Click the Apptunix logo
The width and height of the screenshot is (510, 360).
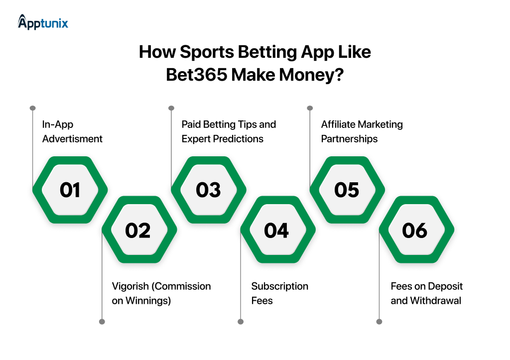click(43, 22)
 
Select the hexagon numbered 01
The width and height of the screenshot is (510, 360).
click(70, 190)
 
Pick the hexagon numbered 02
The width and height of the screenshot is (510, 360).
click(138, 230)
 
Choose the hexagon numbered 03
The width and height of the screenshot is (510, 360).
click(208, 190)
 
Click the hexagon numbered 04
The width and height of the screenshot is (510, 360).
click(277, 230)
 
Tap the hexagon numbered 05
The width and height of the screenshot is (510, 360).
click(347, 190)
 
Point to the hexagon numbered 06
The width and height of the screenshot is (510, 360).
click(415, 230)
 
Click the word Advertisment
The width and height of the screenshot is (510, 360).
click(72, 139)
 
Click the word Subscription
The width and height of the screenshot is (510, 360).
click(279, 286)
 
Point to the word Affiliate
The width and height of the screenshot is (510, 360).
click(340, 124)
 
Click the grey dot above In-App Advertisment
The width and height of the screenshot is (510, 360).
click(33, 108)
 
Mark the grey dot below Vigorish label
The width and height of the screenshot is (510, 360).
click(102, 322)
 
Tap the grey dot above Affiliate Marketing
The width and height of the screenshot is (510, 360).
click(310, 108)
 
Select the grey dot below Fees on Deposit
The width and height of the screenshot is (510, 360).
click(379, 322)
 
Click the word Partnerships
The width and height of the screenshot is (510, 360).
click(349, 139)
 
